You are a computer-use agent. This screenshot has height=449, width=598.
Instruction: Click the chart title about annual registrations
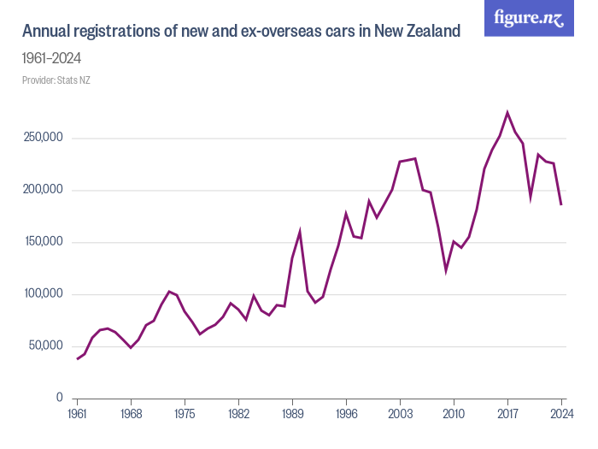[x=242, y=32]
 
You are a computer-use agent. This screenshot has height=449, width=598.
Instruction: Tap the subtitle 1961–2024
[x=51, y=59]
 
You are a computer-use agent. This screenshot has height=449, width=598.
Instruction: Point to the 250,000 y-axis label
[x=42, y=139]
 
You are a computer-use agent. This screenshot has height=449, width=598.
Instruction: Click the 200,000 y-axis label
[x=42, y=191]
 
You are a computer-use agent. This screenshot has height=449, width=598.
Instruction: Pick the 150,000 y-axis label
[x=42, y=243]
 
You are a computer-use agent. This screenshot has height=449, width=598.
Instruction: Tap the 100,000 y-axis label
[x=42, y=295]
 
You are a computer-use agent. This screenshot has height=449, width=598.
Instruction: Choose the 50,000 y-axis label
[x=44, y=346]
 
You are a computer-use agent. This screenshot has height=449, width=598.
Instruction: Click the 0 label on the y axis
[x=59, y=399]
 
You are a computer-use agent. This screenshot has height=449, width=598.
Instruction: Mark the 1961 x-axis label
[x=77, y=413]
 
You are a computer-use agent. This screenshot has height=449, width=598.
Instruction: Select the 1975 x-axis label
[x=185, y=413]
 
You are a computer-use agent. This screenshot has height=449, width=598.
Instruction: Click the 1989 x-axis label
[x=292, y=413]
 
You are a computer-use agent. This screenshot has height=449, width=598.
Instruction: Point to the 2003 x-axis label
[x=400, y=413]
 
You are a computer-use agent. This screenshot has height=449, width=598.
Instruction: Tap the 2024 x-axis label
[x=561, y=413]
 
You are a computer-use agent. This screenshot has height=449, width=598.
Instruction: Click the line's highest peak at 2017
[x=507, y=113]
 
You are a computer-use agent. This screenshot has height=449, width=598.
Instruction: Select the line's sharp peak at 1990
[x=300, y=231]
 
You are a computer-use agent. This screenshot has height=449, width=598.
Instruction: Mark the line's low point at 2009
[x=446, y=271]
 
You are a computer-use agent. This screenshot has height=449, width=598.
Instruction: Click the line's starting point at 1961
[x=77, y=358]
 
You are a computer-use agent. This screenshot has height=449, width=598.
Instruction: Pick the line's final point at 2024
[x=561, y=204]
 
